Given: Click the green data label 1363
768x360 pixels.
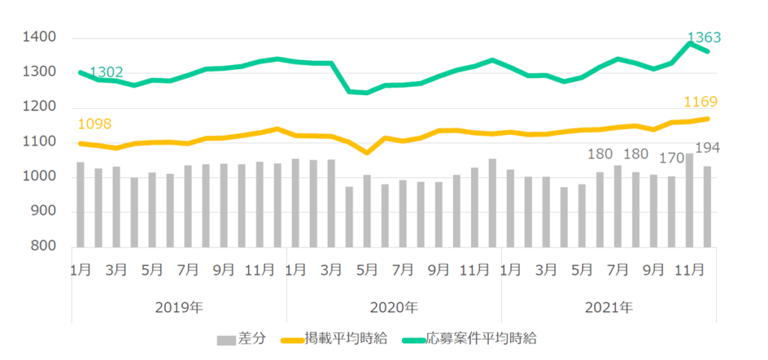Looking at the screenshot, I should click(x=706, y=37).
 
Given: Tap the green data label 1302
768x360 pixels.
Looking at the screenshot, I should click(x=106, y=73).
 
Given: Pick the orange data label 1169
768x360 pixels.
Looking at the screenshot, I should click(x=700, y=102).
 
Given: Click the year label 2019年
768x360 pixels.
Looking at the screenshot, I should click(x=179, y=307).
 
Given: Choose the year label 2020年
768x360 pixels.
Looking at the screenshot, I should click(x=394, y=307).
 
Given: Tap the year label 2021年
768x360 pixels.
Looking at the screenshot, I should click(x=608, y=307).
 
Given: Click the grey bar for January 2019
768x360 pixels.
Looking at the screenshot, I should click(x=80, y=205).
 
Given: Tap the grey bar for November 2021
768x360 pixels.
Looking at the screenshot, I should click(x=688, y=200).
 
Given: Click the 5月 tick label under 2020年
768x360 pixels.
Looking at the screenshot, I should click(x=367, y=268).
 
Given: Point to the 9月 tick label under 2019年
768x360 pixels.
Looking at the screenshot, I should click(x=224, y=268).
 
